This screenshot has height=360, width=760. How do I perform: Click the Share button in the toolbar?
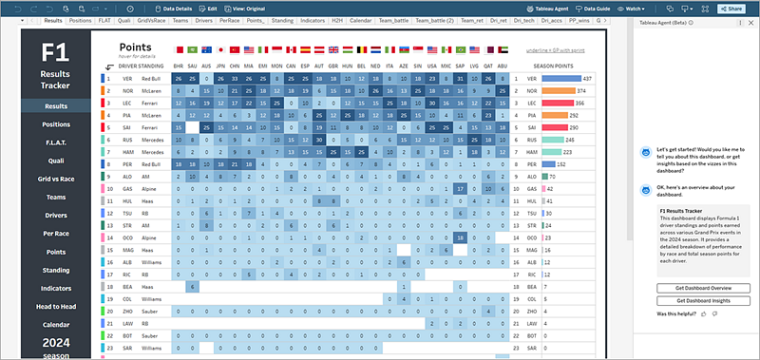tap(730, 8)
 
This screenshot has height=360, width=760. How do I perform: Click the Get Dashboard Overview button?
tap(702, 287)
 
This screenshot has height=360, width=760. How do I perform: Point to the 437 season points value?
tap(587, 78)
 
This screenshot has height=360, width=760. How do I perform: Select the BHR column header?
tap(180, 65)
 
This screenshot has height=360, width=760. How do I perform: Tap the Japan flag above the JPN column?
tap(220, 49)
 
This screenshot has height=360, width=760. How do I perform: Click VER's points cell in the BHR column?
tap(180, 78)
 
